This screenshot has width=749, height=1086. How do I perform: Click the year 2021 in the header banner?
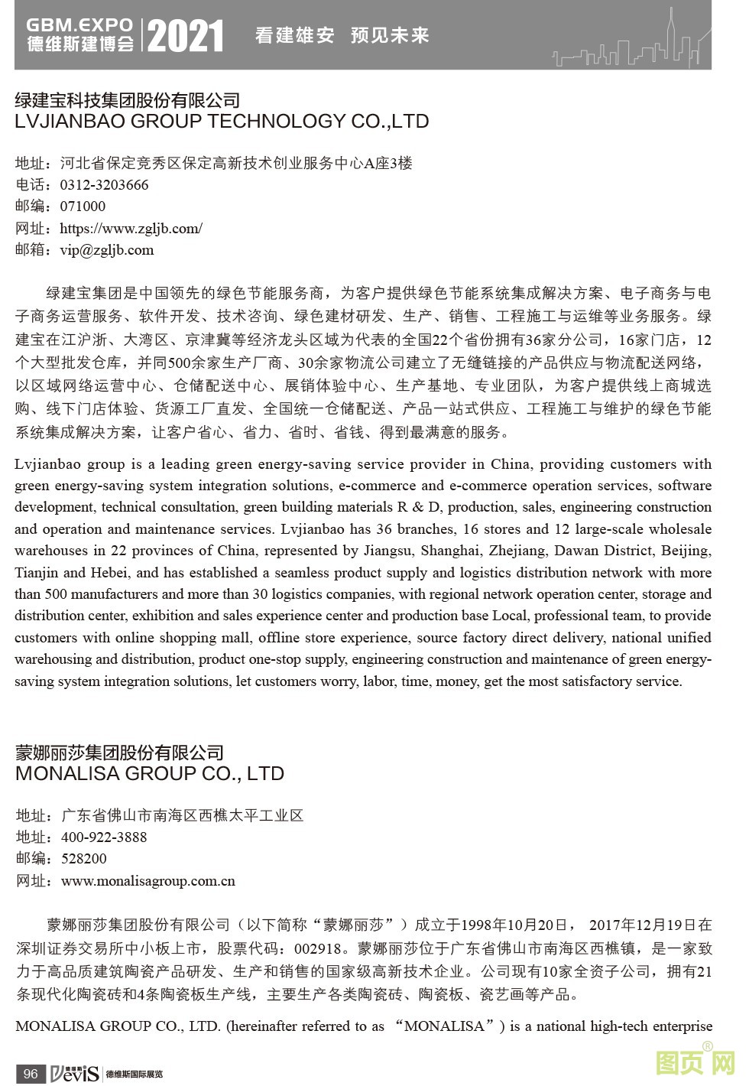[x=186, y=35]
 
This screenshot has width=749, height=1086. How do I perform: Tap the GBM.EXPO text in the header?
[x=79, y=26]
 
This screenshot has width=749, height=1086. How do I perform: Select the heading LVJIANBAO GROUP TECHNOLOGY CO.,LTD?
[x=222, y=122]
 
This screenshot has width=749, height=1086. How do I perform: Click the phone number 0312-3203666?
[x=104, y=185]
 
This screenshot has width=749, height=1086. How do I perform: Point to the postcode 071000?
[x=83, y=206]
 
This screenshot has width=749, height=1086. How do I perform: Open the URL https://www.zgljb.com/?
[x=131, y=228]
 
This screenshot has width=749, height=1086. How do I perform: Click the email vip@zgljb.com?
[x=107, y=250]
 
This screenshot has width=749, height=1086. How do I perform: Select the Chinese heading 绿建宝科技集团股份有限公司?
[x=128, y=100]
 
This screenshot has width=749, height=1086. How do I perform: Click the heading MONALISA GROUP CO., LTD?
[x=150, y=773]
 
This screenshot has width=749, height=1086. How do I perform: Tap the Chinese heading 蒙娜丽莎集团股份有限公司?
[x=119, y=753]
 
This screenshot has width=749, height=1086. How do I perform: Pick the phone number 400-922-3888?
[x=104, y=837]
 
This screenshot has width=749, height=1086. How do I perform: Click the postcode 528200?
[x=84, y=859]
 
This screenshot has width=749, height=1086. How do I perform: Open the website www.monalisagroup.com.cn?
[x=148, y=881]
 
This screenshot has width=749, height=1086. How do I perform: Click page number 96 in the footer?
[x=31, y=1074]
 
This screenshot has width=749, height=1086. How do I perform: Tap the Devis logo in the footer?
[x=75, y=1074]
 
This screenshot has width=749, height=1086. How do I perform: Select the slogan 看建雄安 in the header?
[x=294, y=35]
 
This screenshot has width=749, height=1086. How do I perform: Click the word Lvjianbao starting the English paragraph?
[x=47, y=464]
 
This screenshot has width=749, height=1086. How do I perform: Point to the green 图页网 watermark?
[x=695, y=1063]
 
